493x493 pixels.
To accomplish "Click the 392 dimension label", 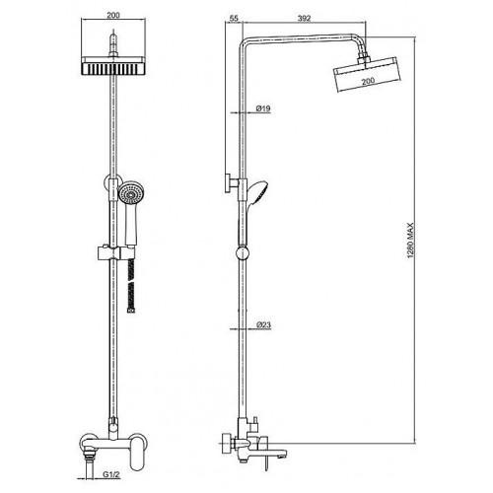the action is [304, 18].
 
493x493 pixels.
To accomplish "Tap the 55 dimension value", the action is [234, 18].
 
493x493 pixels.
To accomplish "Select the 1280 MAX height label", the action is [410, 241].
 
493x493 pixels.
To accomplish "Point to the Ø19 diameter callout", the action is [263, 108].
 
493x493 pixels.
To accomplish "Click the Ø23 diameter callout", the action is [263, 324].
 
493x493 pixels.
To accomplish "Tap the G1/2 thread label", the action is [111, 474].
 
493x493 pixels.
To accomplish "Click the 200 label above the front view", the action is [113, 15].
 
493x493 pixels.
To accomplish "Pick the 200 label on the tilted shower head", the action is [368, 81].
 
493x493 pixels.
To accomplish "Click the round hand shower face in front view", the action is [131, 194].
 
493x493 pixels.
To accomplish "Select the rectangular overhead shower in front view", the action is [113, 65].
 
